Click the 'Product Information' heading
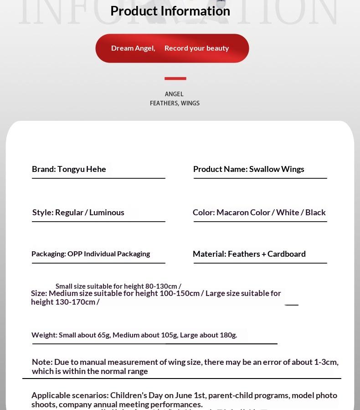coord(170,11)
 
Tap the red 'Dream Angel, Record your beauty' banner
coord(172,48)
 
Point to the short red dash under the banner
coord(175,78)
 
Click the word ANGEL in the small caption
coord(174,94)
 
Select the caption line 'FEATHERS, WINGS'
coord(175,104)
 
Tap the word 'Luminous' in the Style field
coord(107,213)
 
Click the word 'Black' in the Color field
coord(315,213)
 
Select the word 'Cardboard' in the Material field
coord(287,254)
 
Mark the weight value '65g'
coord(104,335)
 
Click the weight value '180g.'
coord(228,335)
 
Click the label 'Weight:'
coord(44,335)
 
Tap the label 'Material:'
coord(209,254)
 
